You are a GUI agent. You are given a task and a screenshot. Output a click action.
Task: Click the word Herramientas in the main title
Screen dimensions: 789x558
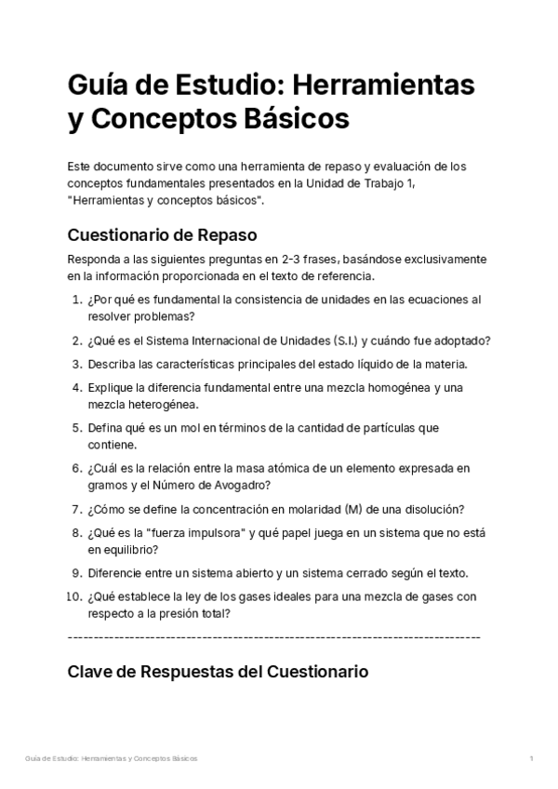point(384,85)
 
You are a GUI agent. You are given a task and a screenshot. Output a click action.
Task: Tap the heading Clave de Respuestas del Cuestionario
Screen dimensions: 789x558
point(219,671)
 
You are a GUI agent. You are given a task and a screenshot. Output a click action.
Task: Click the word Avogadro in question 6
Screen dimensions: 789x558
point(242,485)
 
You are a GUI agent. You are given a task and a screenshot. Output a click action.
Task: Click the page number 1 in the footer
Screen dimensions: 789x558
point(530,758)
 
